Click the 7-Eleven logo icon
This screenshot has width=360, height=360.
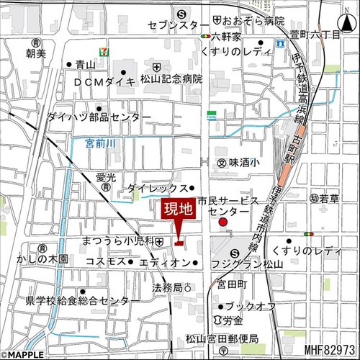coord(105,53)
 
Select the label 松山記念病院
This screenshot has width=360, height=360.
coord(172,79)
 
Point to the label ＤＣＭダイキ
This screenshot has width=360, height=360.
coord(104,82)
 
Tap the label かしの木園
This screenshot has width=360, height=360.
coord(43,258)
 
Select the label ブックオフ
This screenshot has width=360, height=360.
coord(253,307)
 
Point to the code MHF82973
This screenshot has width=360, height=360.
coord(330,350)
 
